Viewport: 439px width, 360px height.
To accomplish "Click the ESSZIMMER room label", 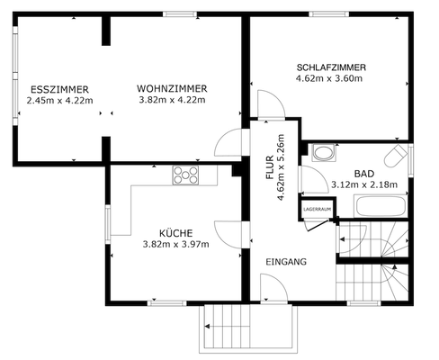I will tap(59, 88).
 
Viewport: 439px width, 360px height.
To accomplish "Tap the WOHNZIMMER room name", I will tap(173, 88).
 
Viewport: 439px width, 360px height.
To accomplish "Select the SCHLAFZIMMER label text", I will tap(330, 67).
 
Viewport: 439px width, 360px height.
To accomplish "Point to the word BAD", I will tap(363, 173).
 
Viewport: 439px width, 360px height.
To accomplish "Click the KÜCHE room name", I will tap(175, 231).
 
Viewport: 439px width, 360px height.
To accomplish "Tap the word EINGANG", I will tap(286, 262).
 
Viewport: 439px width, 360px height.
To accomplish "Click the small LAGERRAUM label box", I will tap(317, 209).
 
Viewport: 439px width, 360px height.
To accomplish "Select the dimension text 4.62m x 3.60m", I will tap(329, 78).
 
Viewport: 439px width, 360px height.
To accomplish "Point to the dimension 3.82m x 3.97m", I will tap(175, 243).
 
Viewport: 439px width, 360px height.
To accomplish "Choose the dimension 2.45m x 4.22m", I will tap(59, 100).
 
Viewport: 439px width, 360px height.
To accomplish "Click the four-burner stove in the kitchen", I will tap(186, 175).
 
